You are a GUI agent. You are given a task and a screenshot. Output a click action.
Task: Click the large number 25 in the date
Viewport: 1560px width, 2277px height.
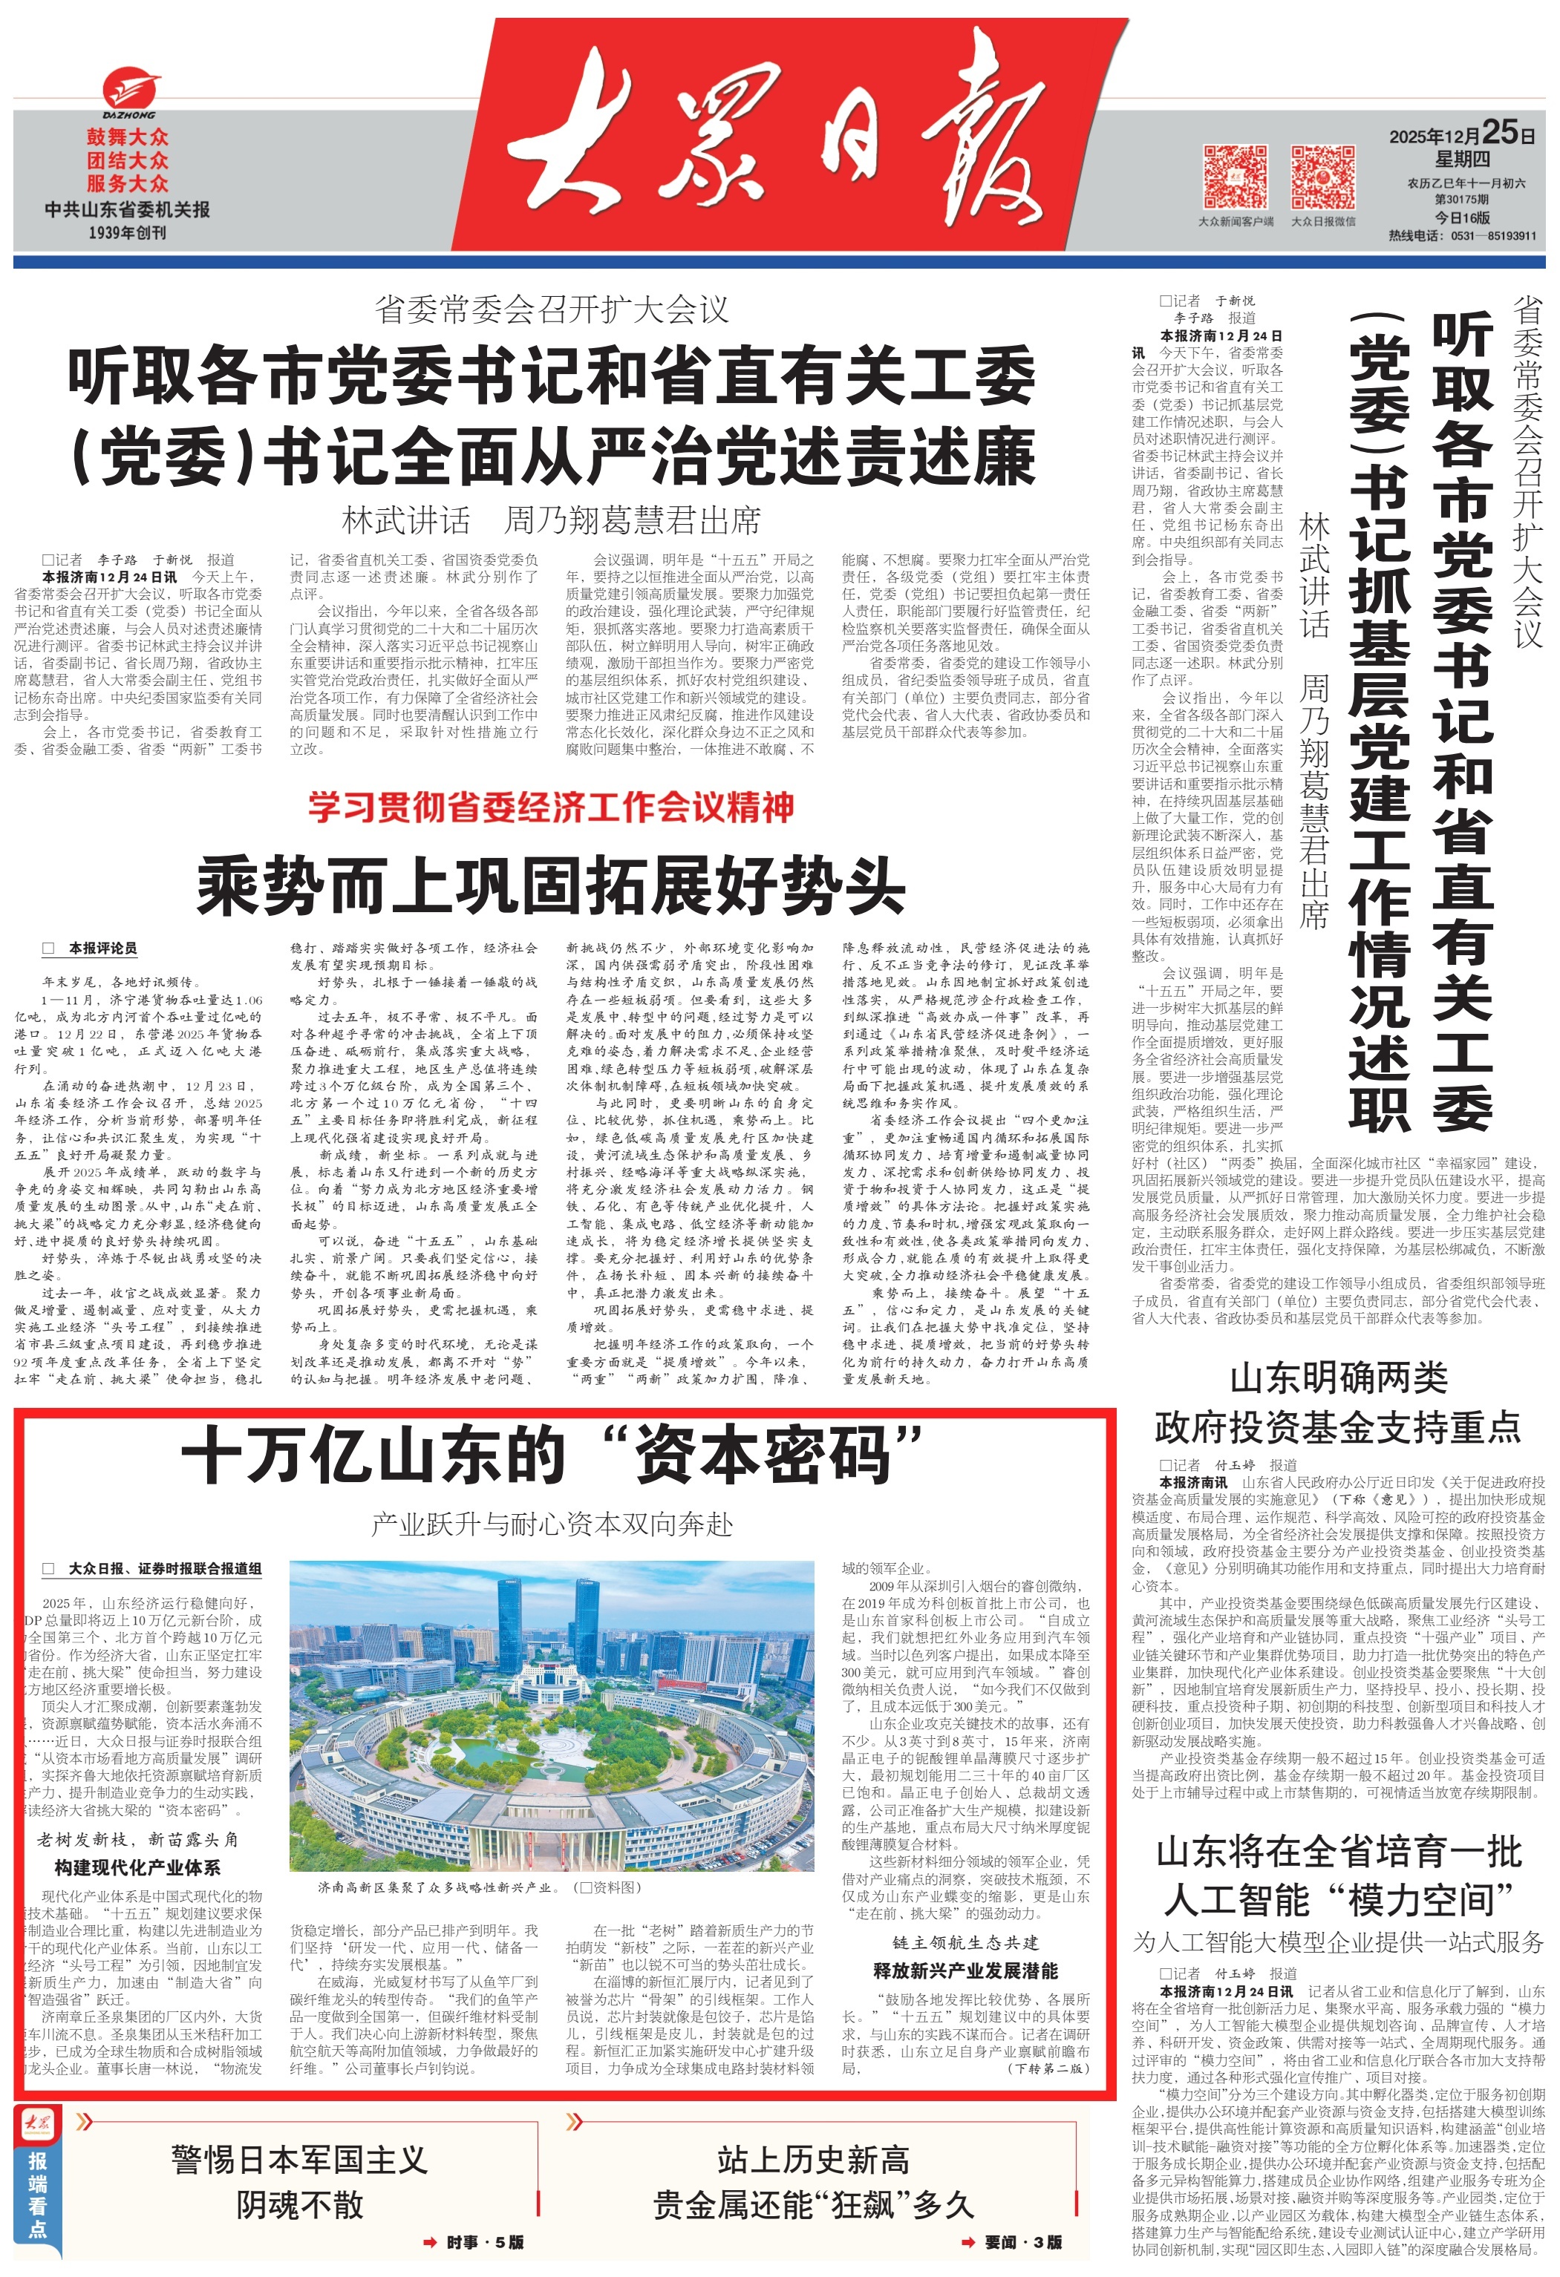click(1498, 132)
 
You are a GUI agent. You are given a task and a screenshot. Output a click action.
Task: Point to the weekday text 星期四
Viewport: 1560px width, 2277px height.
click(1463, 160)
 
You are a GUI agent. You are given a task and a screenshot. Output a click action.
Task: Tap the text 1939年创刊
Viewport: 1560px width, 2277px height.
click(128, 233)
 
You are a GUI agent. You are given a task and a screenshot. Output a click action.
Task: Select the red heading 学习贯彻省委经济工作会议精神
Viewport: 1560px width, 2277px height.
click(551, 807)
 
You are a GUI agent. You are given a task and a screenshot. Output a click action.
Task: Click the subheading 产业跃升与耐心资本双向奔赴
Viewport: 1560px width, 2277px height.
click(552, 1524)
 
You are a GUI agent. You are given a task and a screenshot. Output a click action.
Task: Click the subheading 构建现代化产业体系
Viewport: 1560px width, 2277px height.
click(137, 1867)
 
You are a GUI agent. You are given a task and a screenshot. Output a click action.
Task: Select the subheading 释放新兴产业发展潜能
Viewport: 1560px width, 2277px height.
click(965, 1970)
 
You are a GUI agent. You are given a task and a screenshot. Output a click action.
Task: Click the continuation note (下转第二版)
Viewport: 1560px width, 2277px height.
click(1048, 2068)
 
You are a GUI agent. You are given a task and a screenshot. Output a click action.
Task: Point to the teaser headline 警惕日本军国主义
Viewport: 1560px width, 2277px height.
click(299, 2160)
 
